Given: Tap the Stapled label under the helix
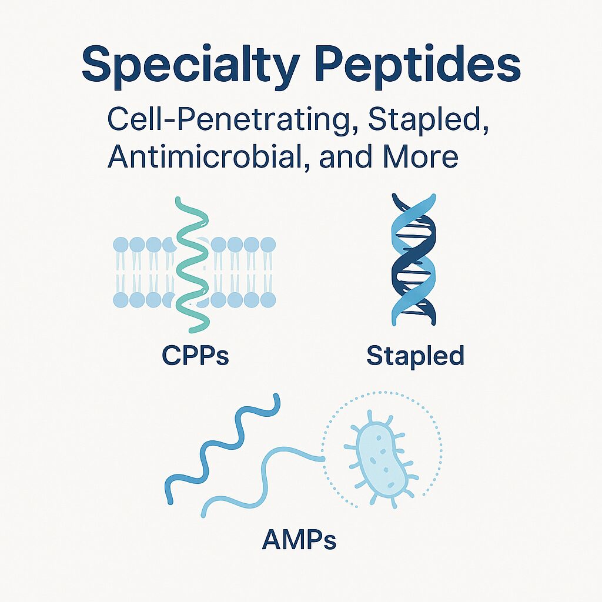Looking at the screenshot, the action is pyautogui.click(x=416, y=356).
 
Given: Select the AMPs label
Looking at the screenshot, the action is pyautogui.click(x=299, y=540).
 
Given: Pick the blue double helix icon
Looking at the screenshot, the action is pyautogui.click(x=413, y=259).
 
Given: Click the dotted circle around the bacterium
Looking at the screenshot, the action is pyautogui.click(x=323, y=449).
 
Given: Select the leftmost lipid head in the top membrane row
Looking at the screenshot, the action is pyautogui.click(x=121, y=245).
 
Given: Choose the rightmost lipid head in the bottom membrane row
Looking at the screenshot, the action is pyautogui.click(x=268, y=299).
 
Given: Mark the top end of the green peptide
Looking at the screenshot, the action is pyautogui.click(x=178, y=199).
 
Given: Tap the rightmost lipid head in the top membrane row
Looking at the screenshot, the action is pyautogui.click(x=268, y=245).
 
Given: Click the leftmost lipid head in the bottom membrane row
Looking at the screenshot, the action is pyautogui.click(x=121, y=299).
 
